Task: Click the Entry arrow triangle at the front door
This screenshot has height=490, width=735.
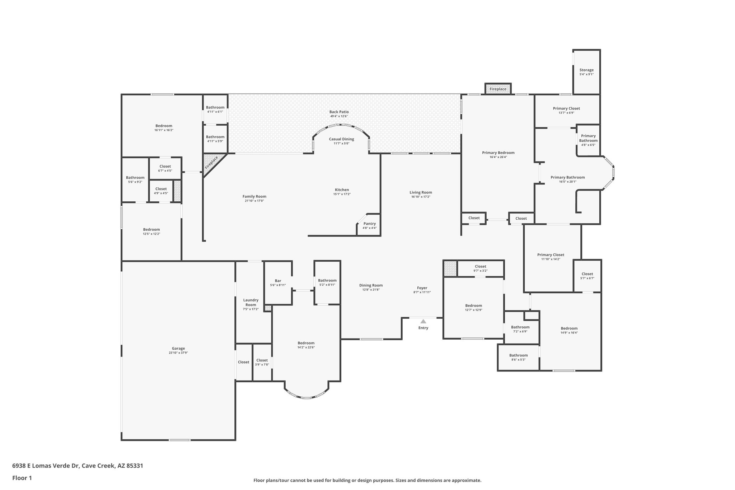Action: point(423,321)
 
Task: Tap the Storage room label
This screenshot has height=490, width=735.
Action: point(586,70)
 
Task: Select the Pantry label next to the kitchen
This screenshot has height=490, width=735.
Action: point(369,224)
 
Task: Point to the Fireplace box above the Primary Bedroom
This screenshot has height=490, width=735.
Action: point(498,89)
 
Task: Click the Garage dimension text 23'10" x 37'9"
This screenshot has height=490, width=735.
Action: point(178,353)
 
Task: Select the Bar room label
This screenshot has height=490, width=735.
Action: point(278,281)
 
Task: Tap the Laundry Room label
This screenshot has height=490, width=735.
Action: point(251,302)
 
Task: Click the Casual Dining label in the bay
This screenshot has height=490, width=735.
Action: point(341,139)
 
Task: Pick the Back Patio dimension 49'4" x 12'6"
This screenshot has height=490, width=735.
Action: point(339,116)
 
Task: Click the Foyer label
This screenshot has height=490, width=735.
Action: point(422,288)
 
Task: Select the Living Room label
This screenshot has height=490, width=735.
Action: point(421,192)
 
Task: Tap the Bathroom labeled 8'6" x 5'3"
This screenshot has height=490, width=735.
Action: point(518,355)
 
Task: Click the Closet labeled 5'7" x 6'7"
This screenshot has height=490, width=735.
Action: point(587,274)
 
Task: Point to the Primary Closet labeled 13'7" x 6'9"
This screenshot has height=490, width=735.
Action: point(566,108)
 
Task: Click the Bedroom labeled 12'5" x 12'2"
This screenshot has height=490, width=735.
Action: point(151,229)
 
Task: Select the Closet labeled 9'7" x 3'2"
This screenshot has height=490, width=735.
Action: point(480,266)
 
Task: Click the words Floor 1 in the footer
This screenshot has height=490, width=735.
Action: point(22,478)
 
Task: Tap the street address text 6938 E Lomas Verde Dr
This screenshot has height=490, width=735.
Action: point(45,466)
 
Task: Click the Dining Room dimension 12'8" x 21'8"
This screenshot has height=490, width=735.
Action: point(371,290)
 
